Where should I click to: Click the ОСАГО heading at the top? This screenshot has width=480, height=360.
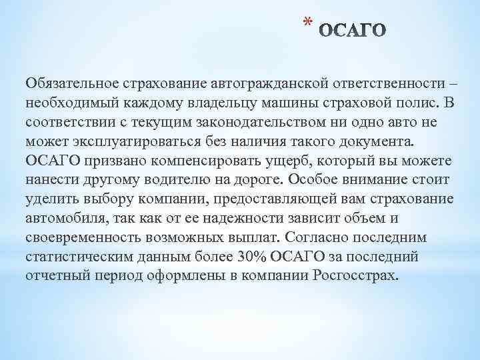352,31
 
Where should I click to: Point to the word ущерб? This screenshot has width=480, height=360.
297,161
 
